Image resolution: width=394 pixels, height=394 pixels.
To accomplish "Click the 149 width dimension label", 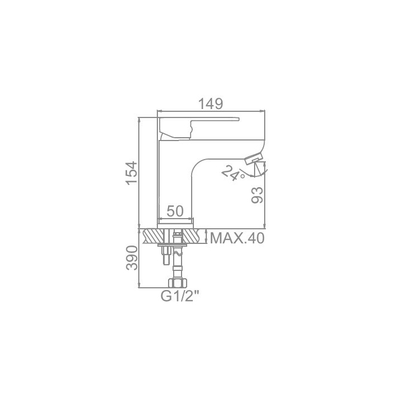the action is coord(211,103).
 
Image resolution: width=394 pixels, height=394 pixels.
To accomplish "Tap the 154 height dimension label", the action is coord(132,173).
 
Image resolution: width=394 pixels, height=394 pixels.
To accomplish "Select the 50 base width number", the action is coord(175,211).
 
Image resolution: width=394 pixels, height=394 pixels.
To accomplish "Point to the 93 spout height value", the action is coord(257,195).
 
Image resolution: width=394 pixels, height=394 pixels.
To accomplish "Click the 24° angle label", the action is coord(233,173).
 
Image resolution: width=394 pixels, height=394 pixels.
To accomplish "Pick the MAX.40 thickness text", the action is coord(237,238).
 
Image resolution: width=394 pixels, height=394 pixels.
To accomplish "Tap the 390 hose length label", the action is coord(132,258).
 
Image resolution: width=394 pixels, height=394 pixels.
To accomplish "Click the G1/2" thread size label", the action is coord(180,296).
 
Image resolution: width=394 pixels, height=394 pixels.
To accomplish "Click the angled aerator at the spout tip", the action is coord(254,159).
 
